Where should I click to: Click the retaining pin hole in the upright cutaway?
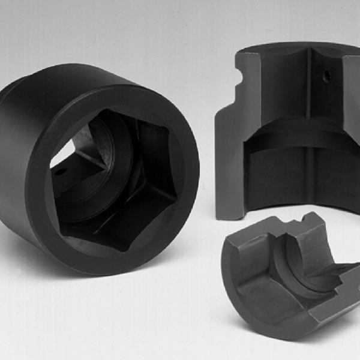pos(324,77)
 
